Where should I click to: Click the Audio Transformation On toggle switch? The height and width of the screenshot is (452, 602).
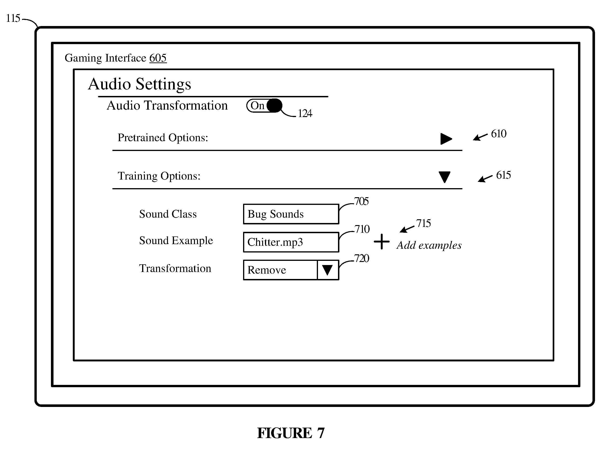(264, 105)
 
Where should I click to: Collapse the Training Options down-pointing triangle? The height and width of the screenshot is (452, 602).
(445, 177)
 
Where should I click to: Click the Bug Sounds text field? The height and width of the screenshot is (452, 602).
(291, 214)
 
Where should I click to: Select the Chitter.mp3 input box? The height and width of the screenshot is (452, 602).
(291, 242)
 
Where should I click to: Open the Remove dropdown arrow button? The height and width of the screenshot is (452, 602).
(327, 270)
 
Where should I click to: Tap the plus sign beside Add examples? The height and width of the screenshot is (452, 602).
(381, 241)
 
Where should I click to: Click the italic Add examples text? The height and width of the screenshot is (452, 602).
(429, 245)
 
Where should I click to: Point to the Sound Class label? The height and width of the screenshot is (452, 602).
(168, 214)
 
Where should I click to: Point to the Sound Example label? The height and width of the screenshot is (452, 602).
(176, 241)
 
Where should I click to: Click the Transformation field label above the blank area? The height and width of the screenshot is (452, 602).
(175, 268)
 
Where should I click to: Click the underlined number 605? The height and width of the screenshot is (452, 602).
(158, 58)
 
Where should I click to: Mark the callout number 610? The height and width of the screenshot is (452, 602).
(498, 134)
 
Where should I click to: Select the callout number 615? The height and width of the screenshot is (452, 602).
(503, 175)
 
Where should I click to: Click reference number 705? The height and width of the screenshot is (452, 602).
(361, 201)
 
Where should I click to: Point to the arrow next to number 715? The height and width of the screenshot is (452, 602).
(407, 229)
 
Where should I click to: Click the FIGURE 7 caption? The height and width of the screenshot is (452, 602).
(291, 433)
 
